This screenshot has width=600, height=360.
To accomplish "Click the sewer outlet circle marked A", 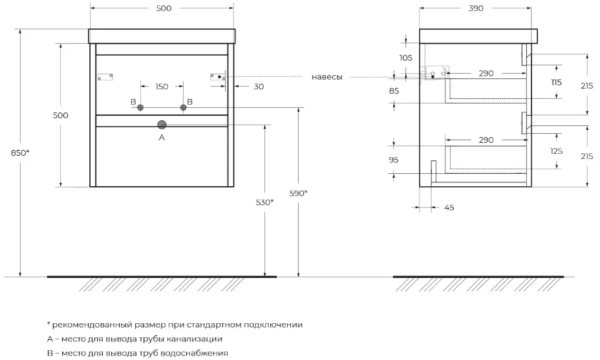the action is tap(162, 125).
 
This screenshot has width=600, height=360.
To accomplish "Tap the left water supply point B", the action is tap(140, 107).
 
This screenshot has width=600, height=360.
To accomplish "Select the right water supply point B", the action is tap(183, 107).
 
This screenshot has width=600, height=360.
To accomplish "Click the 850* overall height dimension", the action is tap(20, 153).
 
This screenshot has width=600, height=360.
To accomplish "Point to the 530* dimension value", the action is tap(265, 202).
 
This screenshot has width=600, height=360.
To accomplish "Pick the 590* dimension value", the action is tap(299, 193).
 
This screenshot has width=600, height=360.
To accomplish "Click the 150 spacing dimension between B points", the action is tap(162, 87).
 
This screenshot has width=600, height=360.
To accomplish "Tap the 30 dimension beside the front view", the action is tap(259, 87).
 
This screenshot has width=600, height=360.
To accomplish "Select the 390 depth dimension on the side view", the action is tap(476, 8).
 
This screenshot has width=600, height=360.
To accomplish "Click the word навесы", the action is tap(327, 77).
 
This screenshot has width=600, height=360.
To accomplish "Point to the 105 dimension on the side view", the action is tap(406, 58).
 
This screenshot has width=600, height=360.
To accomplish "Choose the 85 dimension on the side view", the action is tap(394, 91).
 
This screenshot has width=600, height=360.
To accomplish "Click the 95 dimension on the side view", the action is tap(394, 160).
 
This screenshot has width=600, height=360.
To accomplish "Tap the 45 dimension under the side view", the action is tap(449, 207).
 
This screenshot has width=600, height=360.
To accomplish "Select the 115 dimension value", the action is tap(557, 82).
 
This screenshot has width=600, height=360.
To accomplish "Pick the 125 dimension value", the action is tap(557, 151).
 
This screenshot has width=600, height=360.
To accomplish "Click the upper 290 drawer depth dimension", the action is tap(486, 74).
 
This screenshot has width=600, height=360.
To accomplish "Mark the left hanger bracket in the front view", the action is tap(105, 77).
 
